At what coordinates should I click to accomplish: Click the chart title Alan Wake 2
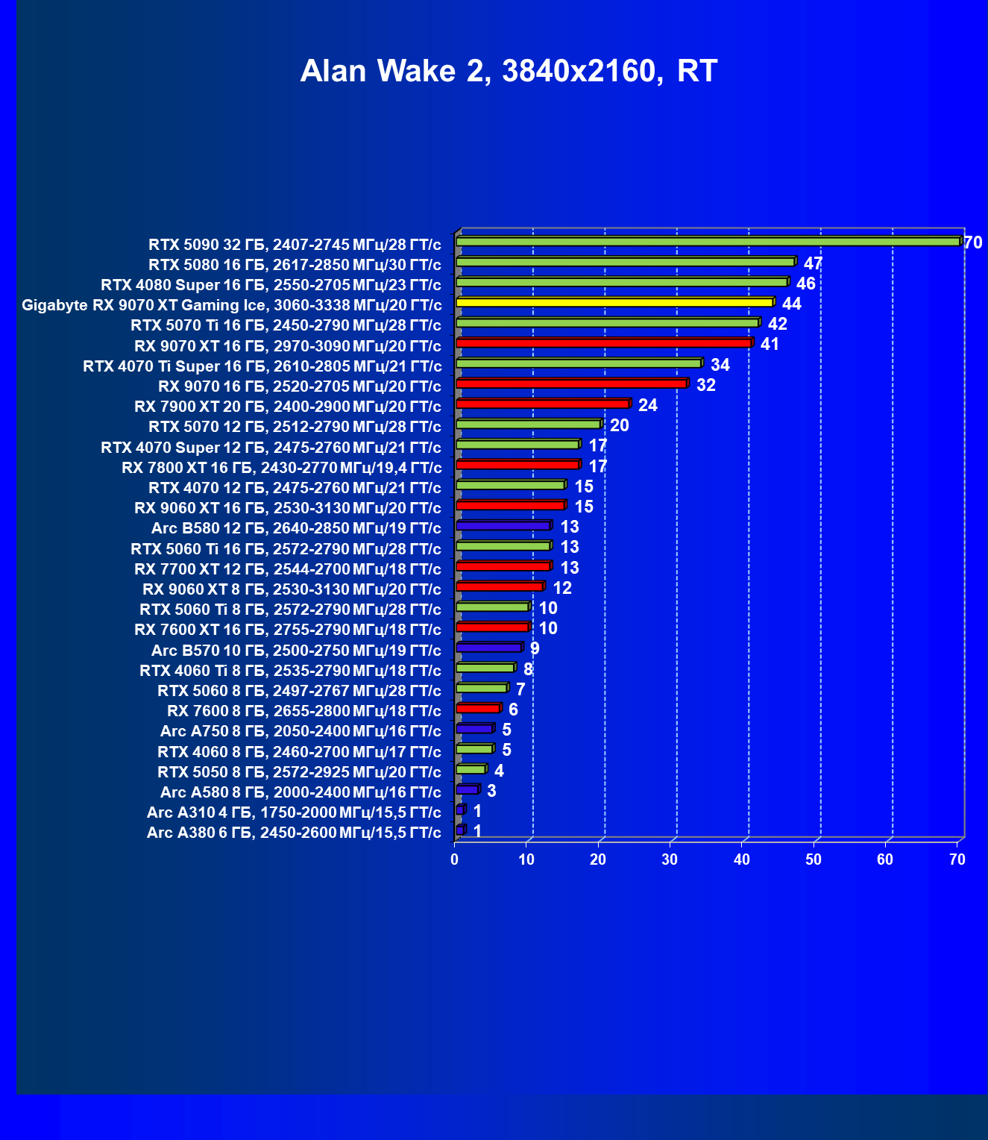click(x=509, y=71)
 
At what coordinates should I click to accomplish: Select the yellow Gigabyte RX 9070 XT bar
click(x=614, y=302)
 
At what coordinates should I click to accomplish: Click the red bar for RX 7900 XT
click(x=542, y=404)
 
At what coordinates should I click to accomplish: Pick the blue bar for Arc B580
click(x=503, y=525)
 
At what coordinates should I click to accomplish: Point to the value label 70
click(x=972, y=242)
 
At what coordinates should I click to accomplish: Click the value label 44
click(x=791, y=304)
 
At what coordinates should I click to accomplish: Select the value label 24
click(x=647, y=405)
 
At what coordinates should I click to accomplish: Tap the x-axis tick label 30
click(x=670, y=859)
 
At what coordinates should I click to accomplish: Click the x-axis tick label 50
click(x=814, y=859)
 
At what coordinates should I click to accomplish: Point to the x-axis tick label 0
click(x=455, y=859)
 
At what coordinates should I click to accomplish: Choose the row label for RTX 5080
click(x=295, y=264)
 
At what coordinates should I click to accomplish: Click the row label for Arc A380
click(x=294, y=832)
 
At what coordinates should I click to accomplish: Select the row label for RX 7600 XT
click(x=287, y=630)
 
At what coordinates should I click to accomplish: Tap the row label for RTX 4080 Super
click(x=271, y=285)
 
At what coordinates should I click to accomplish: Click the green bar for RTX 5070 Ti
click(x=607, y=322)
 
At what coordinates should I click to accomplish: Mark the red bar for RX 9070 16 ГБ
click(x=571, y=383)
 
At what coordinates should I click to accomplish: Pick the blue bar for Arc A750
click(x=474, y=728)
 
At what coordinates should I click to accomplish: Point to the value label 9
click(x=535, y=648)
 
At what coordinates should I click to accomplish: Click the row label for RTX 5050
click(x=299, y=771)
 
